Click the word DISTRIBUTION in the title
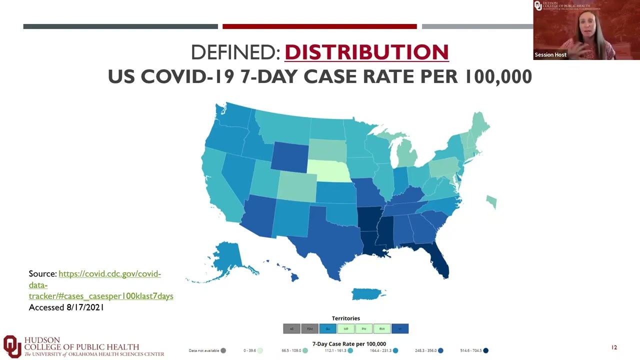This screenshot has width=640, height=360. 366,52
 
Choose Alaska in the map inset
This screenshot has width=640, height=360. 227,257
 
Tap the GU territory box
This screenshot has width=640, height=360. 327,328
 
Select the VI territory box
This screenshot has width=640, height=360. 400,328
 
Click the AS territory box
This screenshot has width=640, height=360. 291,328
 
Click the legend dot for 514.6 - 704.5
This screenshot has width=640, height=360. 485,350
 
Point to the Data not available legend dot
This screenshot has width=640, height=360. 223,350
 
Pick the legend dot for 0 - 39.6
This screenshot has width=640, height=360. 260,350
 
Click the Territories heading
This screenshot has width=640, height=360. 345,318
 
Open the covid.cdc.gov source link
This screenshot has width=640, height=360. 109,274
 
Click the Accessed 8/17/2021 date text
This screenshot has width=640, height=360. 66,307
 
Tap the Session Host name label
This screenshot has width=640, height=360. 550,54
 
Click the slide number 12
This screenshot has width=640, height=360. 614,347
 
